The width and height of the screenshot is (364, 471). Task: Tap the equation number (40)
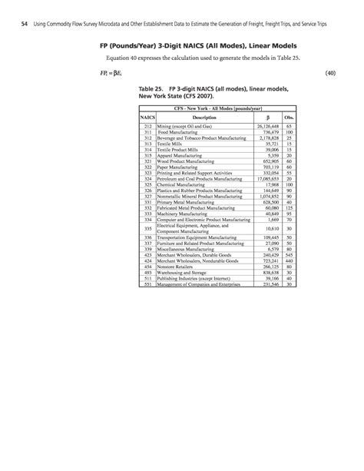coord(332,73)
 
